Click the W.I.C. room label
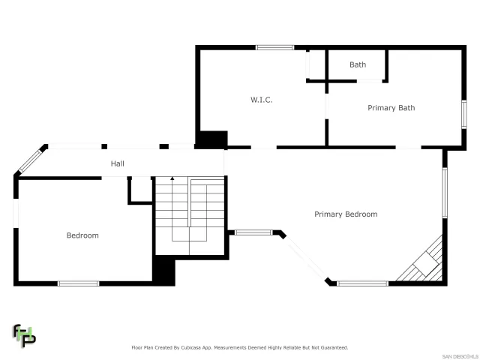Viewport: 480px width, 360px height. coord(261,100)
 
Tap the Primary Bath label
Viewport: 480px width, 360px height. coord(391,108)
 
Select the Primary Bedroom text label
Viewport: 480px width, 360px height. coord(345,214)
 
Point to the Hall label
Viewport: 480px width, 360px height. coord(118,163)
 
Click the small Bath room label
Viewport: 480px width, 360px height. coord(358,64)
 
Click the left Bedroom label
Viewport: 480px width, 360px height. coord(82,235)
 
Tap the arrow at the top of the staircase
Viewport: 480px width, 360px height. coord(172,179)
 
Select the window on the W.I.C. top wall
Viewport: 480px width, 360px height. coord(274,48)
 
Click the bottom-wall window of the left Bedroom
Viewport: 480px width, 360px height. coord(78,283)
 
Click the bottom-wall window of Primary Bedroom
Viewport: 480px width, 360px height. coord(362,283)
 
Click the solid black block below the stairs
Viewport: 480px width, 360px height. coord(163,271)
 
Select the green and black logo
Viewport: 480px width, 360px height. coord(23,336)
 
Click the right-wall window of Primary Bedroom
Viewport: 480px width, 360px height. coord(444,193)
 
